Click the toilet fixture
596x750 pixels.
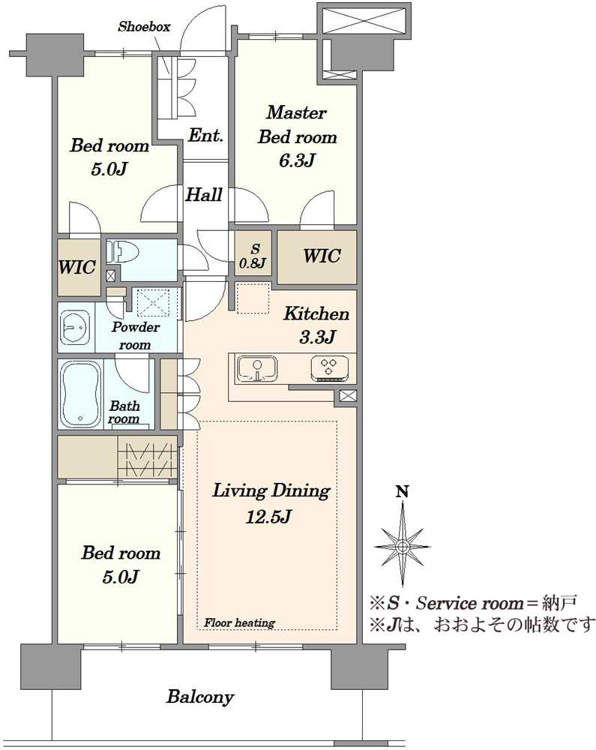[x=122, y=251]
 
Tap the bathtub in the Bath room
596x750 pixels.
[x=80, y=394]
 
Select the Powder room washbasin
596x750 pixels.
[x=74, y=328]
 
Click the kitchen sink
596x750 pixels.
[x=256, y=369]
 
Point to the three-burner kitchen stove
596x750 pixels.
[x=329, y=367]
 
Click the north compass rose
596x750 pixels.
[x=403, y=546]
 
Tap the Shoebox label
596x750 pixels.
[x=144, y=27]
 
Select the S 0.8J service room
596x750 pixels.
[x=253, y=253]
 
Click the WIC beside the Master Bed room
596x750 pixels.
[x=317, y=256]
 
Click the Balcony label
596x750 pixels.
[x=199, y=697]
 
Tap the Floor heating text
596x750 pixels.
[x=239, y=622]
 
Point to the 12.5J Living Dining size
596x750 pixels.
[x=268, y=517]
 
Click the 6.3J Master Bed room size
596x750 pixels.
[x=296, y=160]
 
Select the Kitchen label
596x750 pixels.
[x=316, y=313]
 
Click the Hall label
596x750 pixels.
[x=204, y=195]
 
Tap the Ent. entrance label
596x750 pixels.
[x=206, y=135]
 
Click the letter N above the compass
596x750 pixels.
[x=403, y=491]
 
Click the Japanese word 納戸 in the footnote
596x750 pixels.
[x=560, y=603]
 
